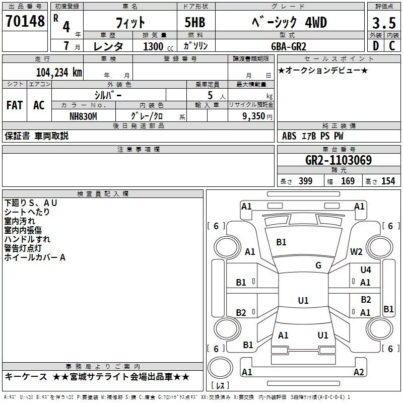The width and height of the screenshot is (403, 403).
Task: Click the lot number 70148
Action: (x=25, y=21)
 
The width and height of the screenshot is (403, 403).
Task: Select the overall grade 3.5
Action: (x=384, y=23)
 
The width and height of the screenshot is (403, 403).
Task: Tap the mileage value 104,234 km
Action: (x=59, y=73)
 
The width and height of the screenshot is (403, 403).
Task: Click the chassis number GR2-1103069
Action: (x=339, y=160)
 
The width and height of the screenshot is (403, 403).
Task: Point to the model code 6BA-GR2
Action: (x=289, y=46)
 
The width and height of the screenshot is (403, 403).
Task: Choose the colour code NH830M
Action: (x=83, y=116)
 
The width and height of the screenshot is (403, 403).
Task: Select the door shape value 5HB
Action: (x=195, y=22)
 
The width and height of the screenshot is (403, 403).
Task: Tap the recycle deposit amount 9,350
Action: (x=253, y=116)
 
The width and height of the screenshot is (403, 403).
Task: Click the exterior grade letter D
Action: (x=376, y=46)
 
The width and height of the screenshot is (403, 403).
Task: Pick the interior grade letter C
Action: (x=392, y=46)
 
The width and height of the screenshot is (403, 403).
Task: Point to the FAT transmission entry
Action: (x=15, y=105)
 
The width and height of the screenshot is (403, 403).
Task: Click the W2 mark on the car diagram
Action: (x=356, y=251)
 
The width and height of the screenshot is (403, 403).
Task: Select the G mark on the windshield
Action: (x=318, y=265)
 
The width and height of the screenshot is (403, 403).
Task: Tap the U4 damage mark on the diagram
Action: (x=366, y=270)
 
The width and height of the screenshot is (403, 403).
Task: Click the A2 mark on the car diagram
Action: (x=359, y=372)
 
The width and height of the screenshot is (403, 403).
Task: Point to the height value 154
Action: (x=388, y=181)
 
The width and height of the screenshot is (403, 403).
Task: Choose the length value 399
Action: (x=305, y=181)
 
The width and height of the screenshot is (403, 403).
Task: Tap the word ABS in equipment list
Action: (x=289, y=136)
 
